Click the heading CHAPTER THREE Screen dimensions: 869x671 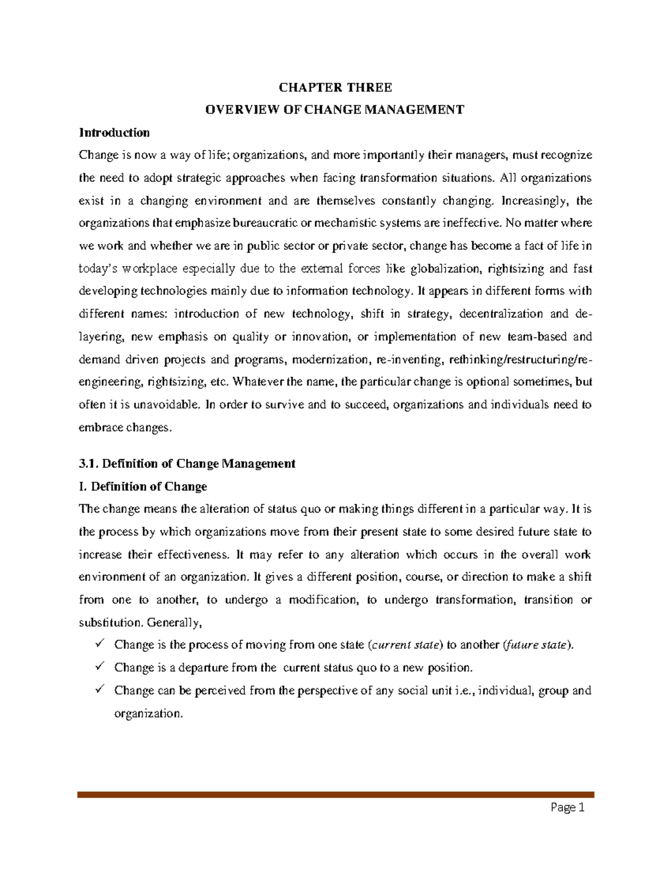(x=335, y=87)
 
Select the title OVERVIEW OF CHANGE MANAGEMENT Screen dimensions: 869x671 (x=335, y=110)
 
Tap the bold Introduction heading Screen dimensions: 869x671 (x=114, y=133)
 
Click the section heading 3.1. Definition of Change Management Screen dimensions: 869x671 (x=187, y=463)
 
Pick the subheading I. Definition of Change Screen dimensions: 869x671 (x=143, y=486)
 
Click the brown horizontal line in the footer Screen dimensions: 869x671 (x=335, y=794)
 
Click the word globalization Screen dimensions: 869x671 (x=445, y=269)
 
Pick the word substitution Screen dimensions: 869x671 (x=110, y=622)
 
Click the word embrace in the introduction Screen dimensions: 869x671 (x=100, y=428)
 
